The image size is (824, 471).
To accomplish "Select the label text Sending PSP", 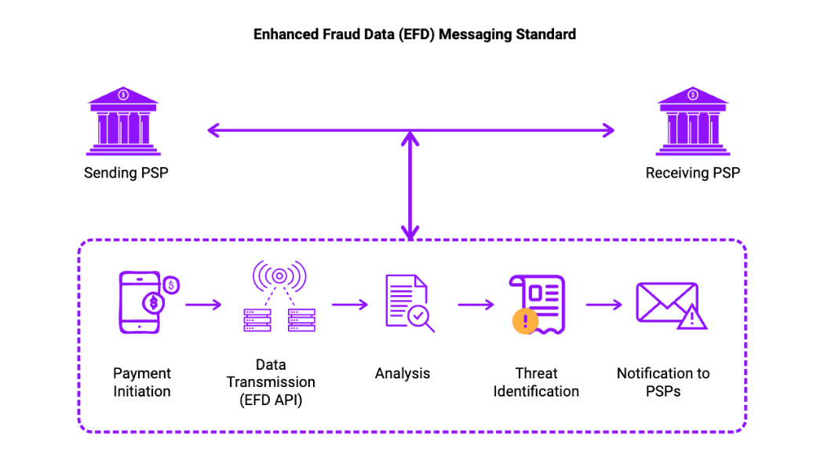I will [x=126, y=173].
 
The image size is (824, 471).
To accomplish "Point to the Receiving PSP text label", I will [x=692, y=173].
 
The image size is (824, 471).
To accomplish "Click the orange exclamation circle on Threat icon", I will [x=524, y=320].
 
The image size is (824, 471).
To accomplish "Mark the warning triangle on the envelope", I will [x=693, y=317].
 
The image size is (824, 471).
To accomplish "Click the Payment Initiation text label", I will [x=142, y=382].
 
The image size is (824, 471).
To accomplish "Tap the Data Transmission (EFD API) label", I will [x=271, y=382].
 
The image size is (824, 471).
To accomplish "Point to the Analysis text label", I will [x=402, y=374].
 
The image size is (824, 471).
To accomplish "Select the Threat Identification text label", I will [x=536, y=382].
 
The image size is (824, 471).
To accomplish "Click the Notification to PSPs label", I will [x=663, y=382].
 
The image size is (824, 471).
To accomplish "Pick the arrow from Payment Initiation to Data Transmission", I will [x=203, y=304].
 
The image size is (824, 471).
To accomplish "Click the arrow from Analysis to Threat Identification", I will [x=476, y=304].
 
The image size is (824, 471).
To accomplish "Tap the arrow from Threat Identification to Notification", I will [x=603, y=304].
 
